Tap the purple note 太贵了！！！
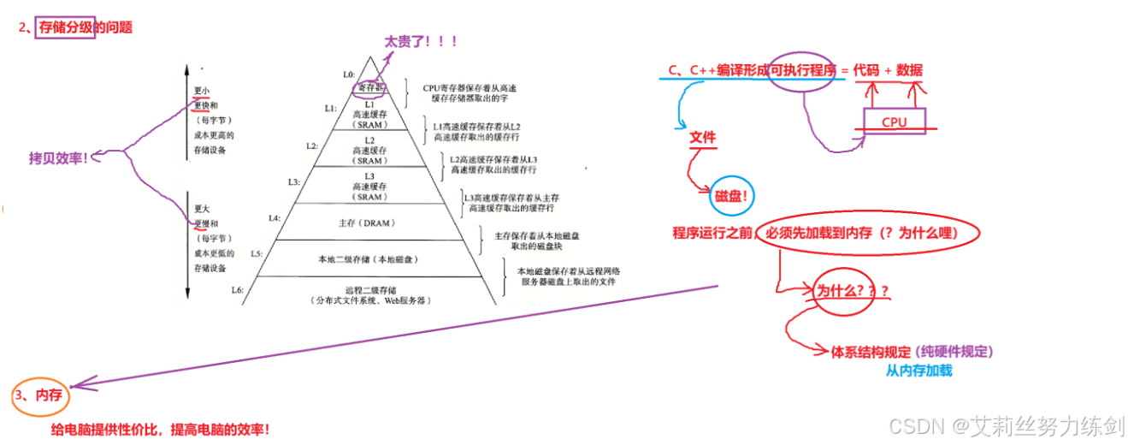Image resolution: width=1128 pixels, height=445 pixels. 421,41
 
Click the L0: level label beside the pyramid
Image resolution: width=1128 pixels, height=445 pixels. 348,74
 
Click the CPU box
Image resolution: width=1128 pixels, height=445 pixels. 894,122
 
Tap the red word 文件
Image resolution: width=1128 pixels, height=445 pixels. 703,138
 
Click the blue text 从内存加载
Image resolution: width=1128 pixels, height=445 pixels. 918,371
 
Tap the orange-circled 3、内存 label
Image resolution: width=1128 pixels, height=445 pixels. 41,395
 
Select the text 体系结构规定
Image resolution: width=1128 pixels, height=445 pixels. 871,352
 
